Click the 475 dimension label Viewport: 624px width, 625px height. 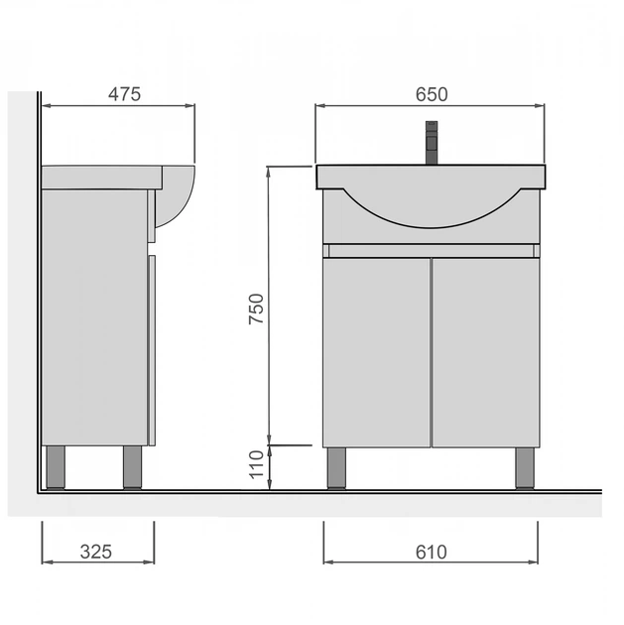point(124,94)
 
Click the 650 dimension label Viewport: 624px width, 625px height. point(432,94)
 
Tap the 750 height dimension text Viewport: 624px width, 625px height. point(256,309)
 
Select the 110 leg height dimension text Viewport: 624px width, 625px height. point(256,464)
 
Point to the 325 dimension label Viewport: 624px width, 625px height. point(96,552)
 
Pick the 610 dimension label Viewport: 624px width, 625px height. point(432,552)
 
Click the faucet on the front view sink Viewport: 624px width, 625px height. point(432,143)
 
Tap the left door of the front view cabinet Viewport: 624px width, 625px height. point(377,353)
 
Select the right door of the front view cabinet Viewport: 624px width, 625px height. point(486,353)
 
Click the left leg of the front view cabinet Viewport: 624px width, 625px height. point(336,468)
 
